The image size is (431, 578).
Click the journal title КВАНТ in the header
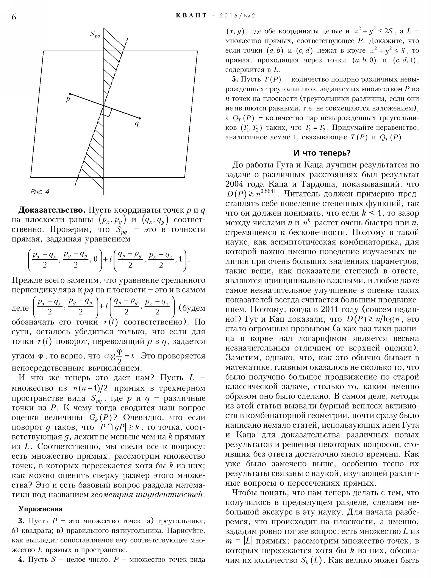(191, 16)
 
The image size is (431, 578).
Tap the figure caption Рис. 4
(40, 192)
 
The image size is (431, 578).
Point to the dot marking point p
(70, 94)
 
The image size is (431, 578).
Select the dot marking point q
(140, 118)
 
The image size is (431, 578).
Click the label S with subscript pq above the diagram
(95, 34)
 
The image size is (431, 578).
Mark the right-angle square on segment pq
(107, 112)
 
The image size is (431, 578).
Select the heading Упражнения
(41, 509)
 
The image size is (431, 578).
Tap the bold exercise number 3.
(21, 521)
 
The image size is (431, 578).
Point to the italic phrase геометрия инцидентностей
(147, 495)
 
